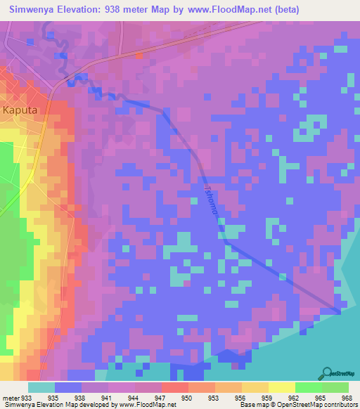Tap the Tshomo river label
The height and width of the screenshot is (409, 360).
210,201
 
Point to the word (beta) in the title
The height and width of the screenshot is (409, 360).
287,10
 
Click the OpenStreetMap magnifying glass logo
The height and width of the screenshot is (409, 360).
328,372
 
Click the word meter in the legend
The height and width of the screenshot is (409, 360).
10,397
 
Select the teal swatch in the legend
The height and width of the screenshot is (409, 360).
41,387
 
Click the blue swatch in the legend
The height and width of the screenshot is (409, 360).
68,387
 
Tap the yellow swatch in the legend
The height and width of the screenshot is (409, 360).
281,387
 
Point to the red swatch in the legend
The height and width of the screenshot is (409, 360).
174,387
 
